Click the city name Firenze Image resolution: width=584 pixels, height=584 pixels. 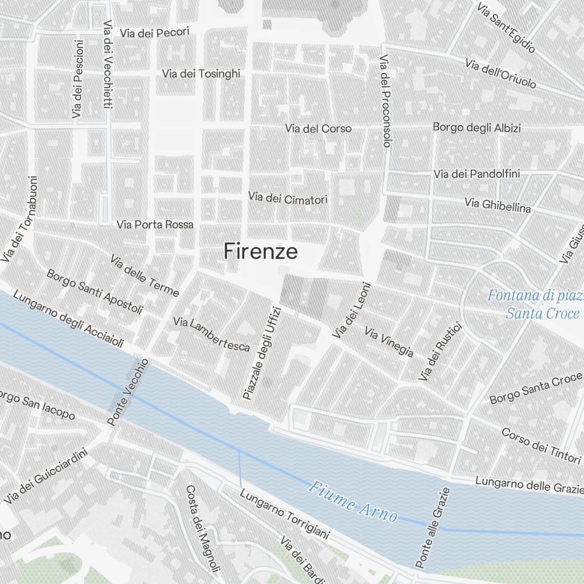coord(260,251)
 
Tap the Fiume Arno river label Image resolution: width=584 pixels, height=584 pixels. coord(353,501)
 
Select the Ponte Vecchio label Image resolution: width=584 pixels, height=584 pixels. coord(128,392)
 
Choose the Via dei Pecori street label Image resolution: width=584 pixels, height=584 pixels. coord(154,33)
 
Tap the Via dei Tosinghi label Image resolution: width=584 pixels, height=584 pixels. coord(201,74)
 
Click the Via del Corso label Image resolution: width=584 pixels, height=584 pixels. coord(318,128)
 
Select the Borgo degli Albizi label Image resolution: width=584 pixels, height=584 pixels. coord(477,127)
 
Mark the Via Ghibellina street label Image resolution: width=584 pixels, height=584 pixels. coord(498,204)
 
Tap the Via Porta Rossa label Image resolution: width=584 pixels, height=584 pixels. coord(155,224)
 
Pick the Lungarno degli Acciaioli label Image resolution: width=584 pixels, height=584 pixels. coord(68,318)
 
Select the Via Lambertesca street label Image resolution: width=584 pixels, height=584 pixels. coord(211,334)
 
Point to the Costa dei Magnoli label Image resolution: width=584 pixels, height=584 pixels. coord(203,529)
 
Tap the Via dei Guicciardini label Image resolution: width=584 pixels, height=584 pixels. coord(46,476)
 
